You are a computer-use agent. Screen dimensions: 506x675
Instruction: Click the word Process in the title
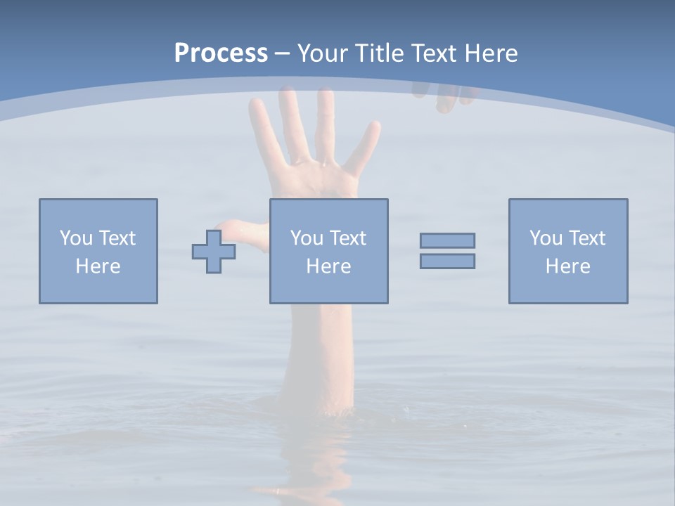coord(221,53)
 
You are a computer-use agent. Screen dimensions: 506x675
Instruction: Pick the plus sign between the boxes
coord(214,251)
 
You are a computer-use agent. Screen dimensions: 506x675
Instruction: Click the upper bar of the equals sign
coord(447,240)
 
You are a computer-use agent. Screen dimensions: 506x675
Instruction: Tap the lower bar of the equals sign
coord(447,261)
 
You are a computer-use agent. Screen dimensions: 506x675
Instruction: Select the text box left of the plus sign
coord(98,251)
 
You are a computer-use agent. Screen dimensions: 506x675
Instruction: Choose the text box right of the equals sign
coord(568,251)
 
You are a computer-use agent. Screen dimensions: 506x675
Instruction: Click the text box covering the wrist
coord(329,251)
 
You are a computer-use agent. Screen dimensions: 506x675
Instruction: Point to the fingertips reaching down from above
coord(446,102)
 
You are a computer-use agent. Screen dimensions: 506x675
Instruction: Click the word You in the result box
coord(545,238)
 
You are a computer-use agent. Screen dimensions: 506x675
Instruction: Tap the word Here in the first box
coord(98,266)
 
